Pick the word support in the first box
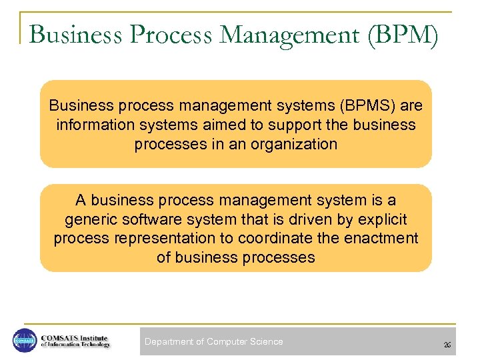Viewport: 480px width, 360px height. (299, 125)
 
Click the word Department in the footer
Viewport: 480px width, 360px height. (169, 341)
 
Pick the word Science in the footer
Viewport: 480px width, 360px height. (267, 341)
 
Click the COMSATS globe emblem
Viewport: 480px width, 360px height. (25, 340)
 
